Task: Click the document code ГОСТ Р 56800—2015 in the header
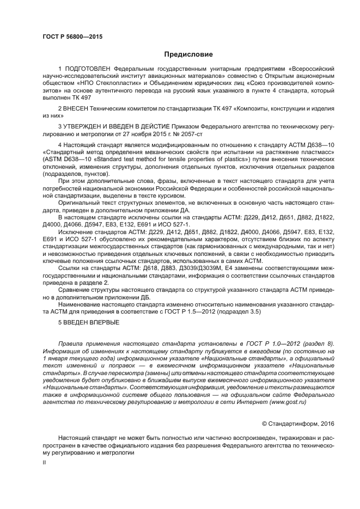pyautogui.click(x=72, y=36)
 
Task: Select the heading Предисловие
pyautogui.click(x=188, y=54)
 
